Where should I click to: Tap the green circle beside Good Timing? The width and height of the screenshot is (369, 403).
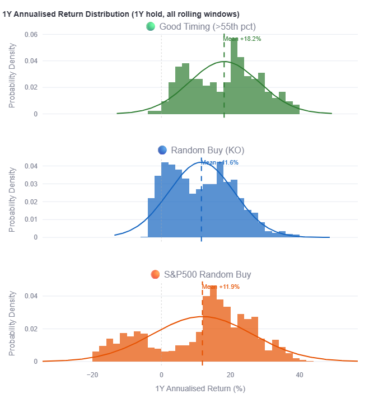[150, 26]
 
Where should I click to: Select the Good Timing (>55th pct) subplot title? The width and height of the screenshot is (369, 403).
[208, 26]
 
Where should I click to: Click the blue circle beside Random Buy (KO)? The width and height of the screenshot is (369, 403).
[163, 150]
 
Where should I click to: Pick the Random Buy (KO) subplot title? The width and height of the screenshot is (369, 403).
[207, 150]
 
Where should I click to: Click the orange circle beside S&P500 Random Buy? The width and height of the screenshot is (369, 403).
[156, 274]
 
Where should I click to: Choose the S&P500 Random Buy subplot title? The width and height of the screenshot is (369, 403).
[207, 274]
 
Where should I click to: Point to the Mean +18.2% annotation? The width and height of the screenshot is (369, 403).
[242, 39]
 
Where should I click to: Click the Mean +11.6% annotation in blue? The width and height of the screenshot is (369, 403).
[219, 162]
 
